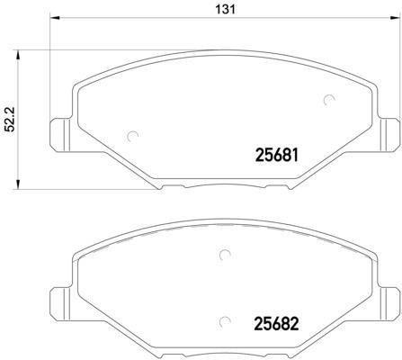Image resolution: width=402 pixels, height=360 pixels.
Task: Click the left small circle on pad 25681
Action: point(135,137)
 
